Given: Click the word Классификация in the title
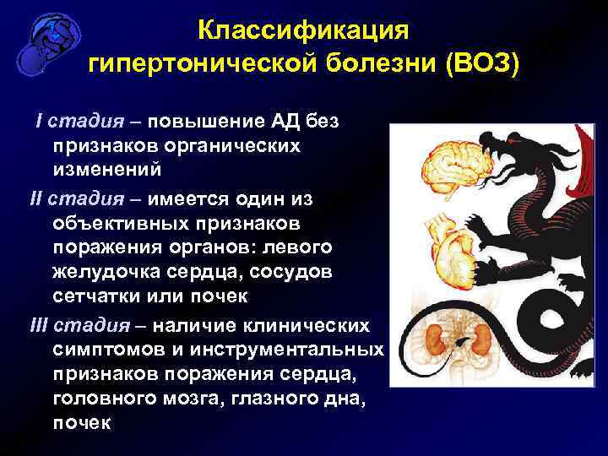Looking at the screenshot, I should [x=303, y=30].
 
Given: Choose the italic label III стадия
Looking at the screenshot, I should [x=78, y=326].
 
